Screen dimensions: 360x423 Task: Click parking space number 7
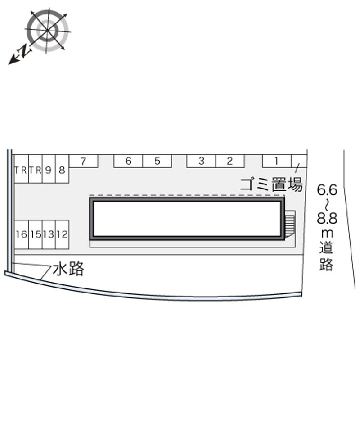pos(83,161)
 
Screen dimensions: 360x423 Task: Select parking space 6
pos(128,161)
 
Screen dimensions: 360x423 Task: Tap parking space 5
pos(157,161)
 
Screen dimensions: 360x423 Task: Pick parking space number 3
pos(201,161)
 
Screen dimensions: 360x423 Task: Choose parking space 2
pos(230,161)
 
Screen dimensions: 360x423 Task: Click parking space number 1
pos(277,161)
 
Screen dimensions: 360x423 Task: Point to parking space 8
pos(63,169)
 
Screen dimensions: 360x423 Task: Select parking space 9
pos(49,169)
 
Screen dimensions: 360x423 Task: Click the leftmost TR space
pos(21,169)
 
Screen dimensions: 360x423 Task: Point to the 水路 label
pos(68,269)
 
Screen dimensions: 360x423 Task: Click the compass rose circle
pos(48,31)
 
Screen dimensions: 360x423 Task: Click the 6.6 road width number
pos(327,190)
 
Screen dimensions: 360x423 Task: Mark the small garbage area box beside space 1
pos(299,161)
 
